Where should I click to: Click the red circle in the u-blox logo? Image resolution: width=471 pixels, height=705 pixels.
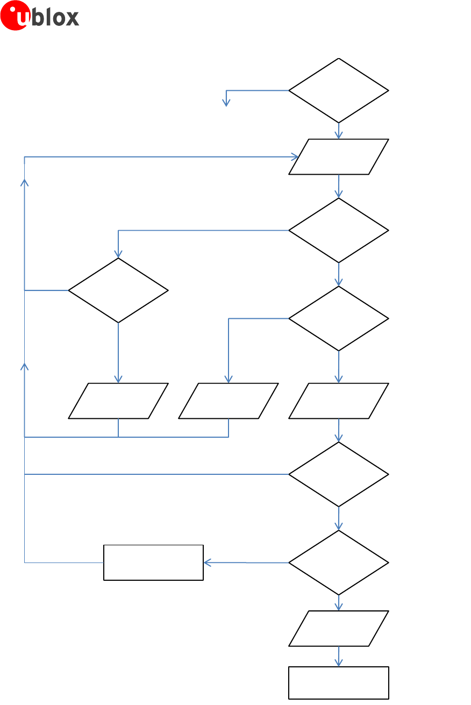(15, 16)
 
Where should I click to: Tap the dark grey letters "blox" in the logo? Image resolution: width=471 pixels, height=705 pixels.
(56, 17)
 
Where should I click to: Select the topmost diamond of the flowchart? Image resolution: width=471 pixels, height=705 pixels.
(339, 90)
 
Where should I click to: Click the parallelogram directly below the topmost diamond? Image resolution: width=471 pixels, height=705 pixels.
(339, 157)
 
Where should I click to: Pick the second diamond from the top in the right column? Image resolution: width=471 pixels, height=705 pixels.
(339, 230)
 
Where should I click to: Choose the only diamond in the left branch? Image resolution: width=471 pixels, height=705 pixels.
(118, 290)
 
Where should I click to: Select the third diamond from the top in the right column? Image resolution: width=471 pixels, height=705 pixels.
(339, 318)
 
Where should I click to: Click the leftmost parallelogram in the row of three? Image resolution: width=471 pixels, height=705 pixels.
(118, 401)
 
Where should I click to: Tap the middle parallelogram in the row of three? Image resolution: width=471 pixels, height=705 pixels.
(229, 401)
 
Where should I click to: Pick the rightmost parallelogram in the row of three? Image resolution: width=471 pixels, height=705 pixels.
(339, 401)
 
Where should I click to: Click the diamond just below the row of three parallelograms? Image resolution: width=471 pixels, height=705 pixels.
(339, 474)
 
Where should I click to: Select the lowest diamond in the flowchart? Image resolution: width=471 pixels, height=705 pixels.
(339, 562)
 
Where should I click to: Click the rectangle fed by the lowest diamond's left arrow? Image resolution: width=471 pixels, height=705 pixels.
(153, 562)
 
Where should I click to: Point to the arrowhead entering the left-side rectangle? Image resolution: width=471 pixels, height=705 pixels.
(207, 562)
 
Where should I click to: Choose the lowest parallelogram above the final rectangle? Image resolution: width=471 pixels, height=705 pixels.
(339, 629)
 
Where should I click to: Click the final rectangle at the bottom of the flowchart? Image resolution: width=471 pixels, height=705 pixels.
(339, 683)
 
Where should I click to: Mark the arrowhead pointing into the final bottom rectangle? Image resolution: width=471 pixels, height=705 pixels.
(339, 664)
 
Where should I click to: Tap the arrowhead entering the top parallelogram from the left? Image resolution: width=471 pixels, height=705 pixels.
(295, 157)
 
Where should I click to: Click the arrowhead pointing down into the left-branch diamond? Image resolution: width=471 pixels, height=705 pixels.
(118, 255)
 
